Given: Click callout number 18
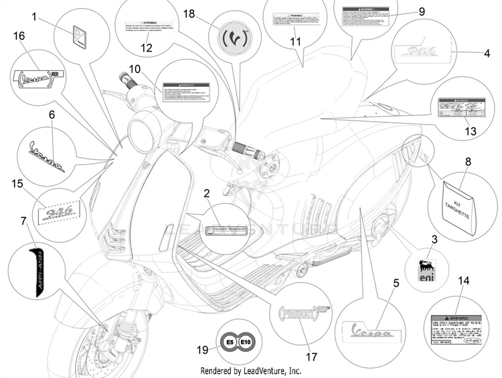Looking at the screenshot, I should pos(189,13).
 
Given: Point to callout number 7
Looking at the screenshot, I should pos(24,221).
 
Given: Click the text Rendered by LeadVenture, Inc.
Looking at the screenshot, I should pos(251,370).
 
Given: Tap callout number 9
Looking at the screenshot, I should pos(422,11).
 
